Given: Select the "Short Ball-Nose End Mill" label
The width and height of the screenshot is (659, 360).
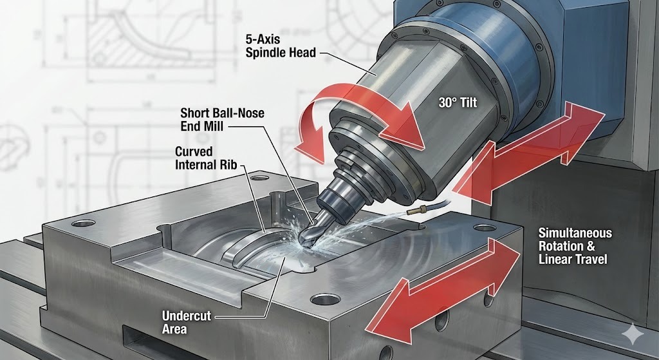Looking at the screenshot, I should [x=222, y=120].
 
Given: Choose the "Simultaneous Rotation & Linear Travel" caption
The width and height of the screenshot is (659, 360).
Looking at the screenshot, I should [x=575, y=245].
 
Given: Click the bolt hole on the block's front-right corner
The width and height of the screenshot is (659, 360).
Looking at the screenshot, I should [x=320, y=299].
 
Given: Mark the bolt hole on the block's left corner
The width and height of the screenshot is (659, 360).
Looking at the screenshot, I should [x=82, y=223].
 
